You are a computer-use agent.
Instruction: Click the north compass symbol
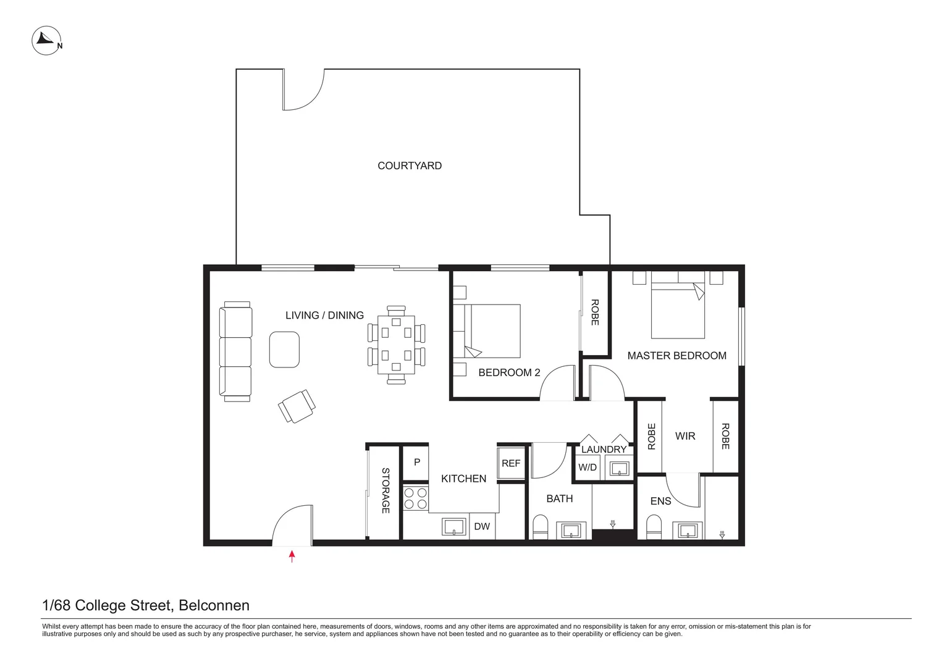tap(47, 40)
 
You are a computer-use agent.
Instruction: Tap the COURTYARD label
tap(410, 166)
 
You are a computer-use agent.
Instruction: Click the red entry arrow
tap(292, 556)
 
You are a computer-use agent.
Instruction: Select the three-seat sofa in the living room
tap(235, 351)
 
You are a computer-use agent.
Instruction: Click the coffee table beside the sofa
tap(284, 350)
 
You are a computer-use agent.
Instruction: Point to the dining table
tap(396, 345)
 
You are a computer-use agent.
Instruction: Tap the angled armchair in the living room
tap(297, 406)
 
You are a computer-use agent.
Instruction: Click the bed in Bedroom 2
tap(487, 331)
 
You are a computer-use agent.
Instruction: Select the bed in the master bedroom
tap(678, 304)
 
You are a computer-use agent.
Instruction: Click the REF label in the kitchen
tap(511, 463)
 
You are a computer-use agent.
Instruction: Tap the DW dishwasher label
tap(482, 526)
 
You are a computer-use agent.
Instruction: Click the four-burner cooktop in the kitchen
tap(416, 498)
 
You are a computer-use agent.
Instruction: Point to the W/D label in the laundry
tap(588, 468)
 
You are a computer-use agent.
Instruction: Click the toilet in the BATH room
tap(541, 527)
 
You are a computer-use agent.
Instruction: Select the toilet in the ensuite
tap(654, 527)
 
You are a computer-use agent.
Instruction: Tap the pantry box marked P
tap(416, 463)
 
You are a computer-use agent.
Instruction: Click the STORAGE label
tap(385, 490)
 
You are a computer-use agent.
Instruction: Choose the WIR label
tap(685, 436)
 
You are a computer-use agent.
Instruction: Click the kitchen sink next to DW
tap(454, 527)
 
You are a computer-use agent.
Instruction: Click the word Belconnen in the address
tap(214, 605)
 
